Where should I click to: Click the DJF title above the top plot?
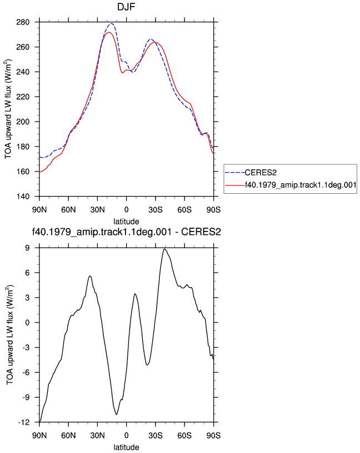click(126, 7)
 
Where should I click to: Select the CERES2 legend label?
click(261, 173)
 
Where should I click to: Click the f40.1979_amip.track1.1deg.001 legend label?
click(301, 185)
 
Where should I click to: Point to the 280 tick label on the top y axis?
click(23, 22)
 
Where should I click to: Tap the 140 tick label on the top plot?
click(23, 197)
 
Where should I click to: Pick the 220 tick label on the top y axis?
click(23, 97)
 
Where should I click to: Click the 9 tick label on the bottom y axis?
click(27, 248)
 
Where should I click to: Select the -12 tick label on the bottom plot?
click(24, 422)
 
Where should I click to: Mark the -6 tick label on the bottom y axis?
click(26, 373)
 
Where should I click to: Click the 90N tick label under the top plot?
click(39, 210)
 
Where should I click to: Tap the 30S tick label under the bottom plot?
click(156, 436)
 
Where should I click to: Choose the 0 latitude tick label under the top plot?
click(126, 210)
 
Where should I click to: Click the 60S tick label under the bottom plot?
click(184, 436)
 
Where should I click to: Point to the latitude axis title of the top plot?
click(126, 222)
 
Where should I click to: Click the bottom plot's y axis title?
click(9, 335)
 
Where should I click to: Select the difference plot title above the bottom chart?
click(126, 232)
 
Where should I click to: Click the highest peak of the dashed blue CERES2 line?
click(111, 23)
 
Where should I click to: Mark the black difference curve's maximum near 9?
click(164, 249)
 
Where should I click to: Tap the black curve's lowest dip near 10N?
click(117, 415)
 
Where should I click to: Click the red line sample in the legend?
click(235, 185)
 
